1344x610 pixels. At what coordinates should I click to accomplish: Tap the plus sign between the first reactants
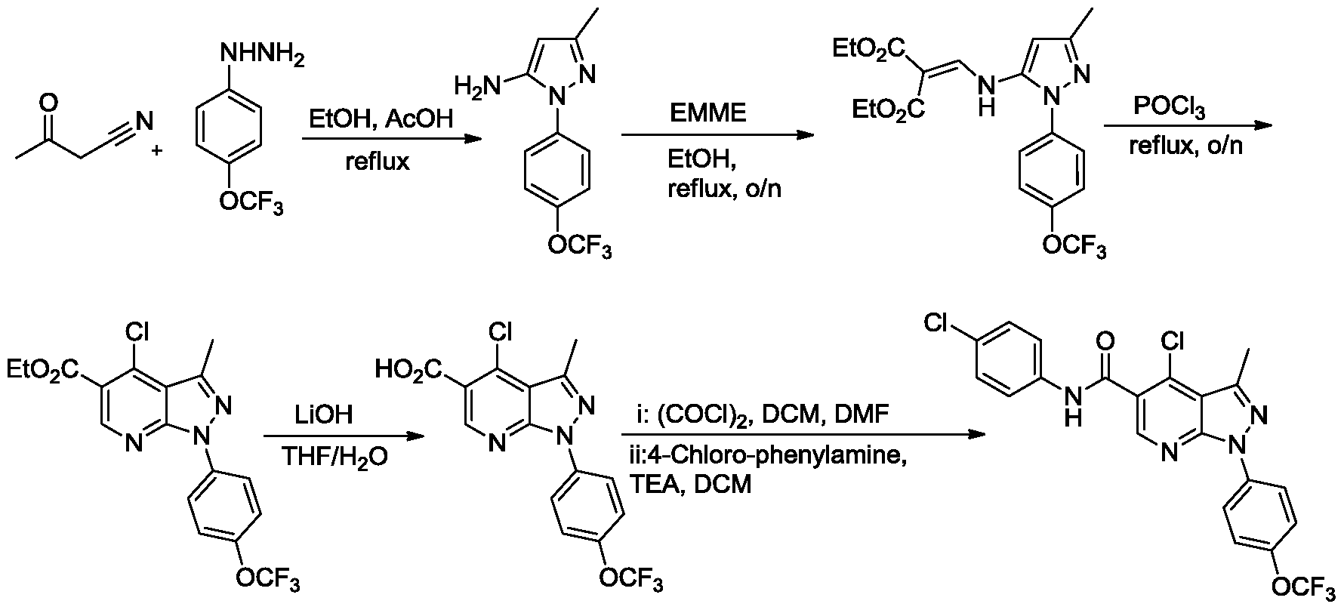(157, 150)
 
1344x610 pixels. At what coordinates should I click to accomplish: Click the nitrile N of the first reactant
(145, 120)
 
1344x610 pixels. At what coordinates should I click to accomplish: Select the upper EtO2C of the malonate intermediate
(867, 51)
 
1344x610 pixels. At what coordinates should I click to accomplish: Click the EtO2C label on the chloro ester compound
(43, 370)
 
